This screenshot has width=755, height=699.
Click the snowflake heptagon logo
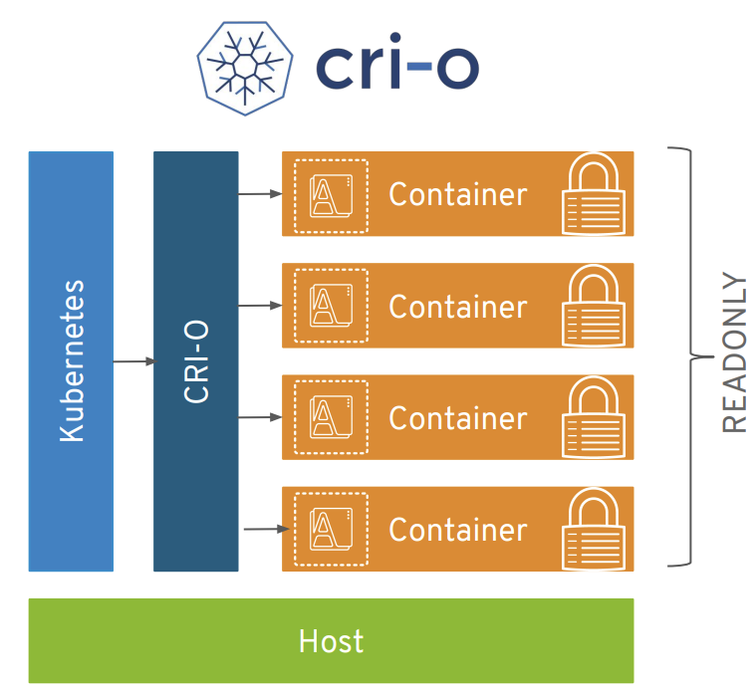coord(245,68)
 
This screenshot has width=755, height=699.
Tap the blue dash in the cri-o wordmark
coord(419,66)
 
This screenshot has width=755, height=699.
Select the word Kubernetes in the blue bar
coord(72,361)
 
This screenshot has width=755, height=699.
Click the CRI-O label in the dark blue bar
coord(196,361)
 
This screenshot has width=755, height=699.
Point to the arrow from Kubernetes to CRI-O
coord(134,361)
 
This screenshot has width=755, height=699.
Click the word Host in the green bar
coord(332,641)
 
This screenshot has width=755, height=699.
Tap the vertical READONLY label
coord(734,352)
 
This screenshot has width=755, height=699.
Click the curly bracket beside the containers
coord(691,356)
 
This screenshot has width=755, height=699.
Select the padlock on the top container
coord(594,194)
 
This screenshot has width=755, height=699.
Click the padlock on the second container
coord(594,306)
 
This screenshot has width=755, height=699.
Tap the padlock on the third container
coord(594,417)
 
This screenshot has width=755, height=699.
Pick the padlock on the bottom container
coord(594,530)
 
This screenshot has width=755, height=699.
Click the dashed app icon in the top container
coord(332,196)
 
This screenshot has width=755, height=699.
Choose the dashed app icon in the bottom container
coord(332,530)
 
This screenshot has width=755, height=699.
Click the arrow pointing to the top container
coord(260,194)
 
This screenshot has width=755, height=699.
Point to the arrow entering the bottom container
coord(267,529)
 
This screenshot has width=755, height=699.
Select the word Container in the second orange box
coord(458,307)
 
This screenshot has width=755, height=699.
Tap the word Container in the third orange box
coord(458,418)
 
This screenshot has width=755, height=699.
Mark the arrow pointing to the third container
coord(260,417)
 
